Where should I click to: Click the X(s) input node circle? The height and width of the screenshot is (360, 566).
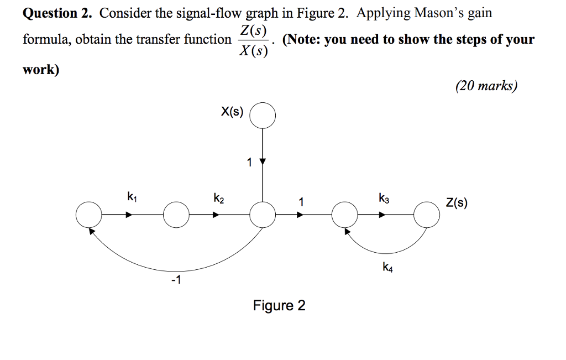[263, 115]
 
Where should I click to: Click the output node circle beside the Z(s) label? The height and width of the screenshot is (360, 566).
[427, 215]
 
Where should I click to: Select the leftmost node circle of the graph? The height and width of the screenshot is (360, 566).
[89, 215]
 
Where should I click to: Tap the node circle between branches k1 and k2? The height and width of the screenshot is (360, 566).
[176, 215]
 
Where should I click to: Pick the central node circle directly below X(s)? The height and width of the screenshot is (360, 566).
[263, 215]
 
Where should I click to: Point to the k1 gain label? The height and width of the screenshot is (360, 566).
[130, 196]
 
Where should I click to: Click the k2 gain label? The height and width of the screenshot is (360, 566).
[218, 197]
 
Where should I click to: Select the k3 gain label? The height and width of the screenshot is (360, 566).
[384, 197]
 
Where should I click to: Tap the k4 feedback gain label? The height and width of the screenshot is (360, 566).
[387, 268]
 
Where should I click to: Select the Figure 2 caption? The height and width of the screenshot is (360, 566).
[279, 305]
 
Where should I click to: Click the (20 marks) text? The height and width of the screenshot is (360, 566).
[486, 86]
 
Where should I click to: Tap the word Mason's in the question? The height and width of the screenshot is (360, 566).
[426, 13]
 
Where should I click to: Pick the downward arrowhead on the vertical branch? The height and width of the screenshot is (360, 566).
[263, 162]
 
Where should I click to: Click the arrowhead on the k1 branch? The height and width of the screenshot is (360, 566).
[129, 215]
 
